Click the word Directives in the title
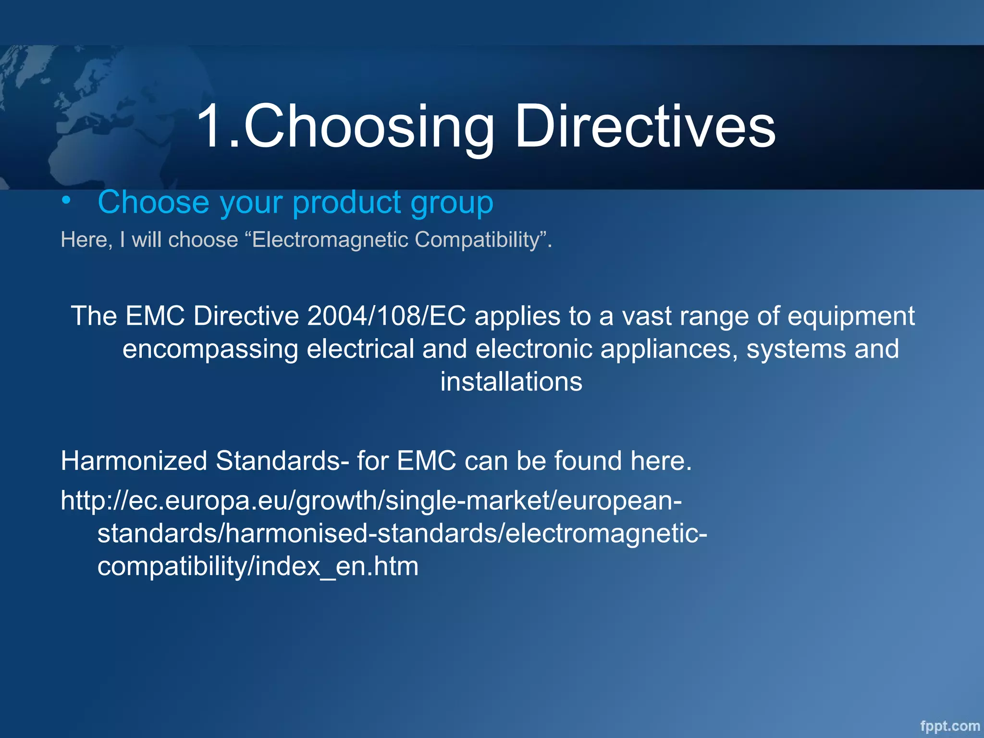point(645,127)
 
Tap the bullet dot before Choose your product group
point(66,200)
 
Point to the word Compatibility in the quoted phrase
point(478,239)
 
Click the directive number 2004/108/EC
point(386,316)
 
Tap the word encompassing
point(210,349)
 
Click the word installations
point(511,382)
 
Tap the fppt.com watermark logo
point(950,726)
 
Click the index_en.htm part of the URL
point(337,566)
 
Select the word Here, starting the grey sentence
point(86,239)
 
